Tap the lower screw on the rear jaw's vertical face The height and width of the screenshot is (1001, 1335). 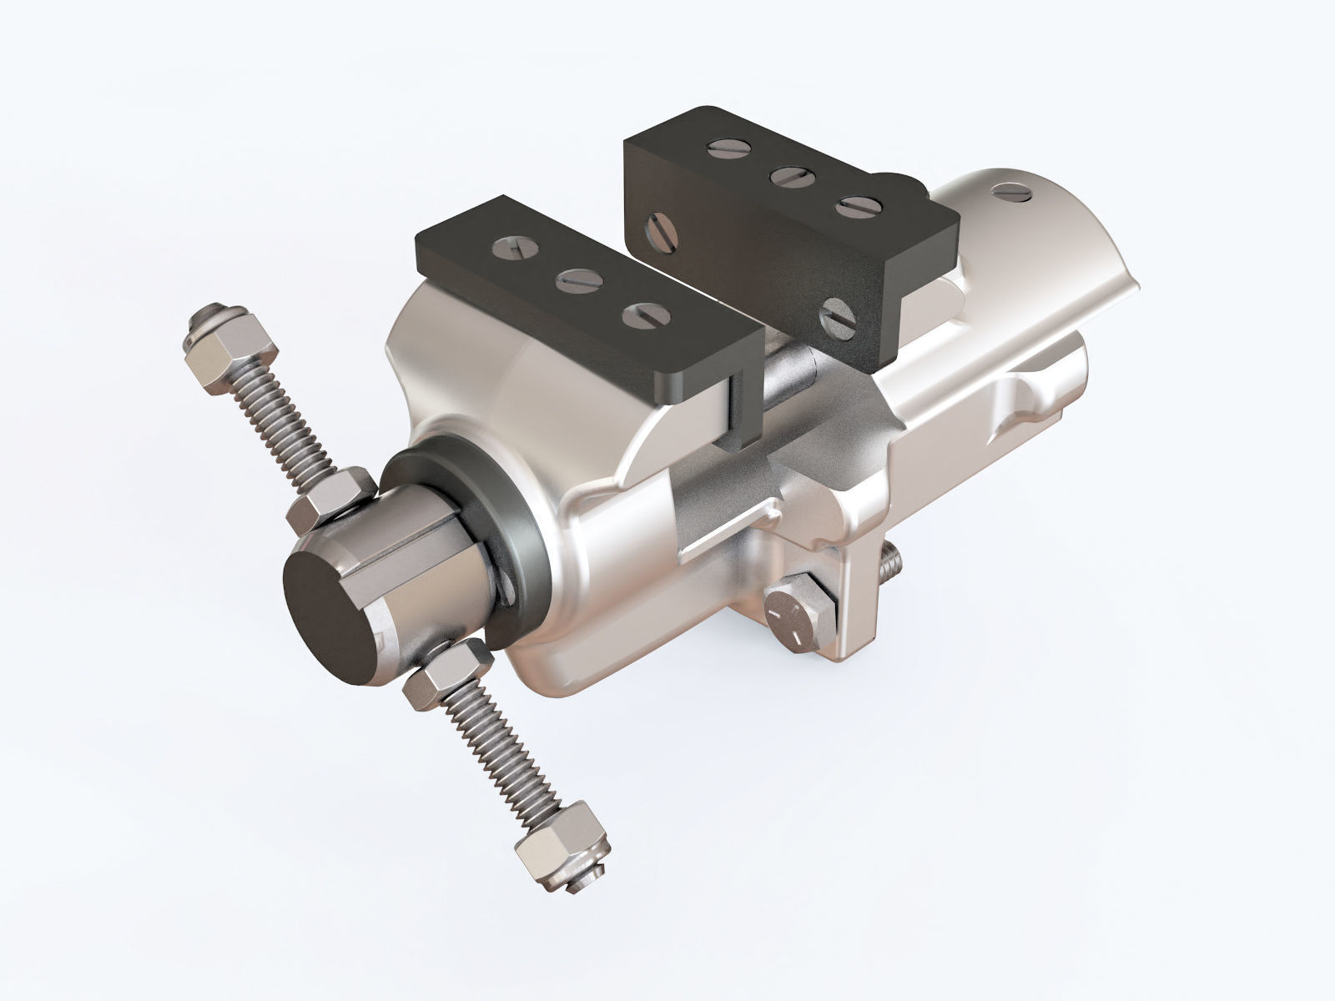[x=837, y=318]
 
